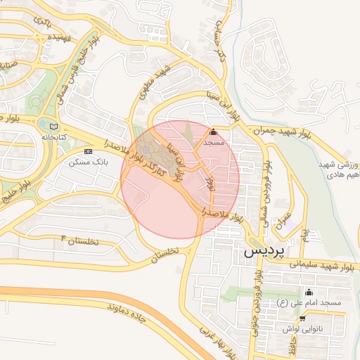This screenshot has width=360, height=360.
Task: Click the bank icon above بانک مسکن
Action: (88, 151)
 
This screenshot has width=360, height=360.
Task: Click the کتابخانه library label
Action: (53, 136)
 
